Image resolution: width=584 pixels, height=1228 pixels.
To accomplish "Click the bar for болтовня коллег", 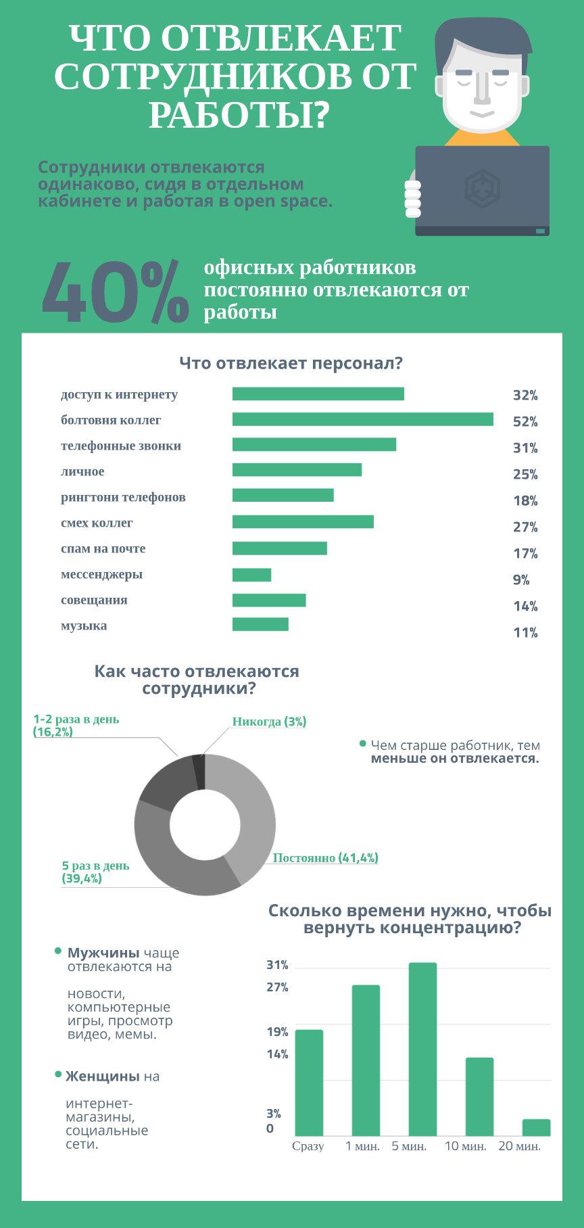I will (362, 419).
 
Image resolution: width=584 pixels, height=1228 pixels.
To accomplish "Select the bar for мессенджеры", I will (251, 575).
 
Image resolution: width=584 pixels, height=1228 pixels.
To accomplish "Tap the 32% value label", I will (525, 396).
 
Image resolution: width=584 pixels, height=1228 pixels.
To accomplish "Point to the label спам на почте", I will (103, 548).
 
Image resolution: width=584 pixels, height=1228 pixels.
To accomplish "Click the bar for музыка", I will (260, 624).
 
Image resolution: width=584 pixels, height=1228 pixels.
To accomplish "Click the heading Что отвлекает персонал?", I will (291, 363).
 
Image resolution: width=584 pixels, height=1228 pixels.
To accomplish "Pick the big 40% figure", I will (115, 293).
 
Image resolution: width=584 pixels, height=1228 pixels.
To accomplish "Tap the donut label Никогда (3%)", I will (269, 722).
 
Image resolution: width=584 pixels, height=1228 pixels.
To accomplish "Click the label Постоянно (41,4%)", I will (325, 857).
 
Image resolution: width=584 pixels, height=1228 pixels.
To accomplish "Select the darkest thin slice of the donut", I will (199, 772).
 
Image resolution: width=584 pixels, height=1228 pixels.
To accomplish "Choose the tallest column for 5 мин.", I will (422, 1048).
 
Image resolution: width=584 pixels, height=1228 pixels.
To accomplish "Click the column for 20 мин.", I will (536, 1127).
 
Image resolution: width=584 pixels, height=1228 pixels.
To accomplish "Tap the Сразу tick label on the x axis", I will (308, 1146).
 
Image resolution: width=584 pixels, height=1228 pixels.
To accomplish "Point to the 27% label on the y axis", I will (277, 987).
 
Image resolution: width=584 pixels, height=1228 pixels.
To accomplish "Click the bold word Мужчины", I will (103, 953).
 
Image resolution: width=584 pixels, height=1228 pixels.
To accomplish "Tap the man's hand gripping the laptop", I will (412, 198).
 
